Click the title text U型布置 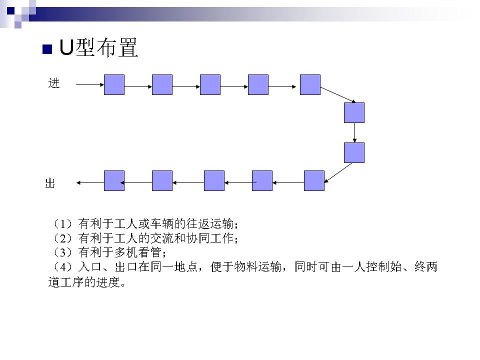click(98, 48)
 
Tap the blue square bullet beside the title click(47, 49)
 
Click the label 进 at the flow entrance click(54, 83)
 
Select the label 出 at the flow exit click(50, 183)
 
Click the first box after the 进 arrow click(114, 84)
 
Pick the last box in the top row click(310, 84)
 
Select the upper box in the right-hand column click(354, 112)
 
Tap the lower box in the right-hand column click(354, 152)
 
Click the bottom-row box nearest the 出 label click(114, 180)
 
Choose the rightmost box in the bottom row click(314, 180)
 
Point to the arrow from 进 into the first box click(90, 84)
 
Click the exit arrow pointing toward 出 click(90, 183)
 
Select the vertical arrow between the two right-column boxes click(354, 132)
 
